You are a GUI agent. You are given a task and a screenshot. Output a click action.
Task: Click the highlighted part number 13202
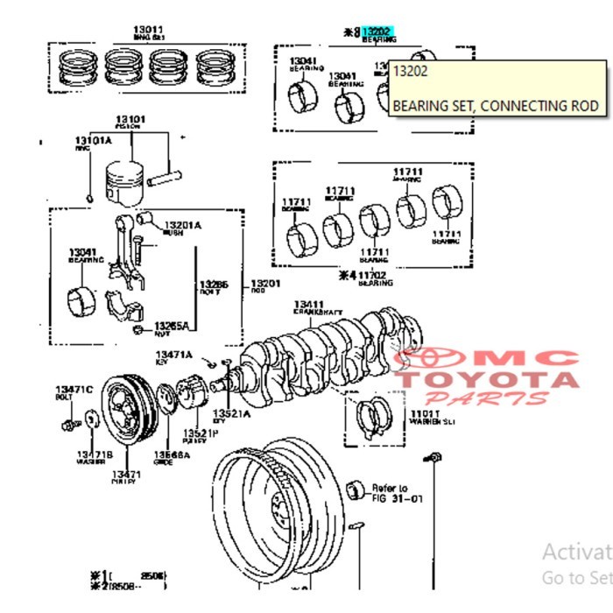pos(377,31)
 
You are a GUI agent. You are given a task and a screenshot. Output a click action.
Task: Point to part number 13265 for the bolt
pos(213,285)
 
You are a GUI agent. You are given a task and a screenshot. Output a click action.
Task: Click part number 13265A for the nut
pos(171,325)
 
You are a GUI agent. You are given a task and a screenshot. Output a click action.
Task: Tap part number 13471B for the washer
pos(94,455)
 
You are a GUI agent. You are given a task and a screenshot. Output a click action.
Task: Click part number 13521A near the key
pos(231,413)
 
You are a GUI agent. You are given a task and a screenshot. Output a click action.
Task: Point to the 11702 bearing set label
pos(377,275)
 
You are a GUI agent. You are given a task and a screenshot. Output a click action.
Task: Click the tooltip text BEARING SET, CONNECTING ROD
pos(495,106)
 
